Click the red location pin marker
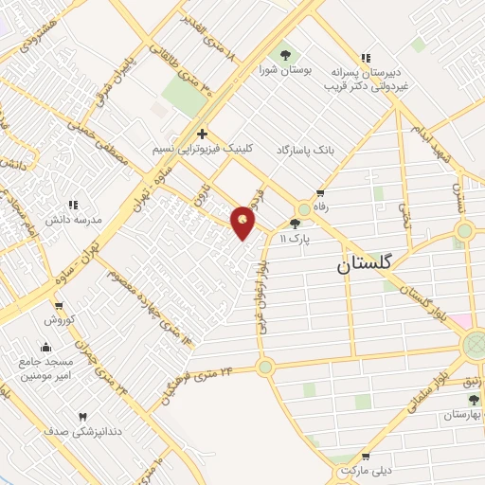click(x=244, y=222)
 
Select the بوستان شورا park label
click(x=283, y=68)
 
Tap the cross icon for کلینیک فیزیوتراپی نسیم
click(x=202, y=134)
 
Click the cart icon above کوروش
click(x=59, y=305)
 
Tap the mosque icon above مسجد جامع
click(x=45, y=347)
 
